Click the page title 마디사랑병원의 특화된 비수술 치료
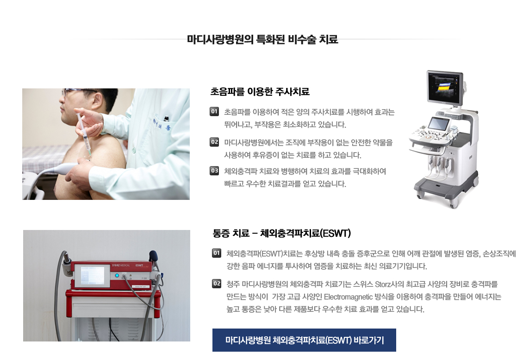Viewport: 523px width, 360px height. [262, 39]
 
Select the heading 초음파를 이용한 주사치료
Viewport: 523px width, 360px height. [260, 91]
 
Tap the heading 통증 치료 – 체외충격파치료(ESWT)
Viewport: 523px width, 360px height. [281, 232]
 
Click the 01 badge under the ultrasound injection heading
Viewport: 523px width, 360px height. [214, 112]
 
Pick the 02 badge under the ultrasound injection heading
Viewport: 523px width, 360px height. [214, 142]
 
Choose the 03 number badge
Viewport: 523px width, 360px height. [214, 171]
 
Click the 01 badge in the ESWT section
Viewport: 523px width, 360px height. [217, 253]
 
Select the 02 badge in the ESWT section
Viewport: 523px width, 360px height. [217, 283]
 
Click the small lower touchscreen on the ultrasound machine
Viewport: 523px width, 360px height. [438, 124]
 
